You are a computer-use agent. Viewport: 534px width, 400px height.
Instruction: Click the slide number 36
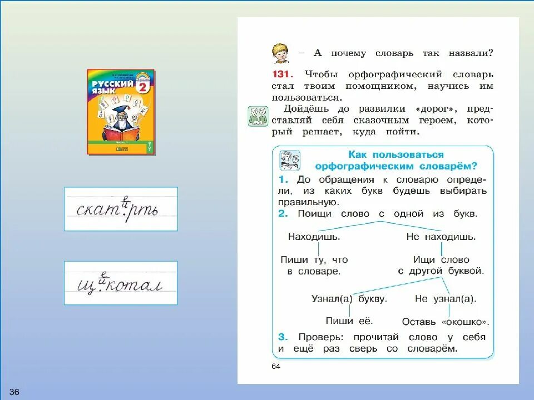pos(14,392)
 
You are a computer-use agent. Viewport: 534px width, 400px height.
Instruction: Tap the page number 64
pos(276,366)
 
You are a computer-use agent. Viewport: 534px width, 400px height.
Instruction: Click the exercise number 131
pos(283,74)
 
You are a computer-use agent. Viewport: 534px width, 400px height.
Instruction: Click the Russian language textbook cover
pos(121,112)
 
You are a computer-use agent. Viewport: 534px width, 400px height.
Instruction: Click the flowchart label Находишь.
pos(314,237)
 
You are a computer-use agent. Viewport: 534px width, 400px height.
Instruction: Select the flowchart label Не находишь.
pos(441,237)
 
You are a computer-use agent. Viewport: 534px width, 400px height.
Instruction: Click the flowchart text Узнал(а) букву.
pos(349,299)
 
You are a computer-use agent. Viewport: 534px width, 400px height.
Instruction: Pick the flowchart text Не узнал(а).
pos(446,299)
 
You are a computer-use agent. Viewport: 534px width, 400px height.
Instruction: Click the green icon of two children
pos(258,117)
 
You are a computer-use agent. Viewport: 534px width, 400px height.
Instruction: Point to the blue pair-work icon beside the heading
pos(290,160)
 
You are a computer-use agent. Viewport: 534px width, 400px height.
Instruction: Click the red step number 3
pos(283,337)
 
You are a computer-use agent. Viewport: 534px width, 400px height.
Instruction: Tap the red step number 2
pos(283,214)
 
